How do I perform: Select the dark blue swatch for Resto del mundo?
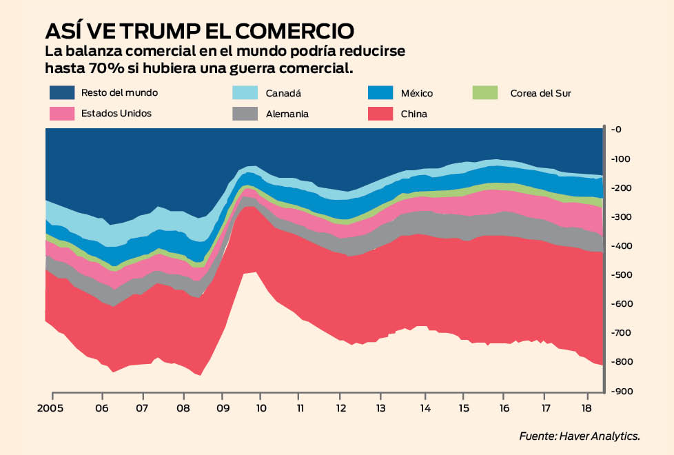tap(61, 92)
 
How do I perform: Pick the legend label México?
tap(417, 93)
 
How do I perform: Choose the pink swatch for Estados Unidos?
tap(61, 113)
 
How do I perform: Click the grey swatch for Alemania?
tap(246, 114)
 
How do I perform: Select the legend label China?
tap(414, 114)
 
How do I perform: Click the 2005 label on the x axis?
tap(51, 407)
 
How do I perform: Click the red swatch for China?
tap(380, 114)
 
